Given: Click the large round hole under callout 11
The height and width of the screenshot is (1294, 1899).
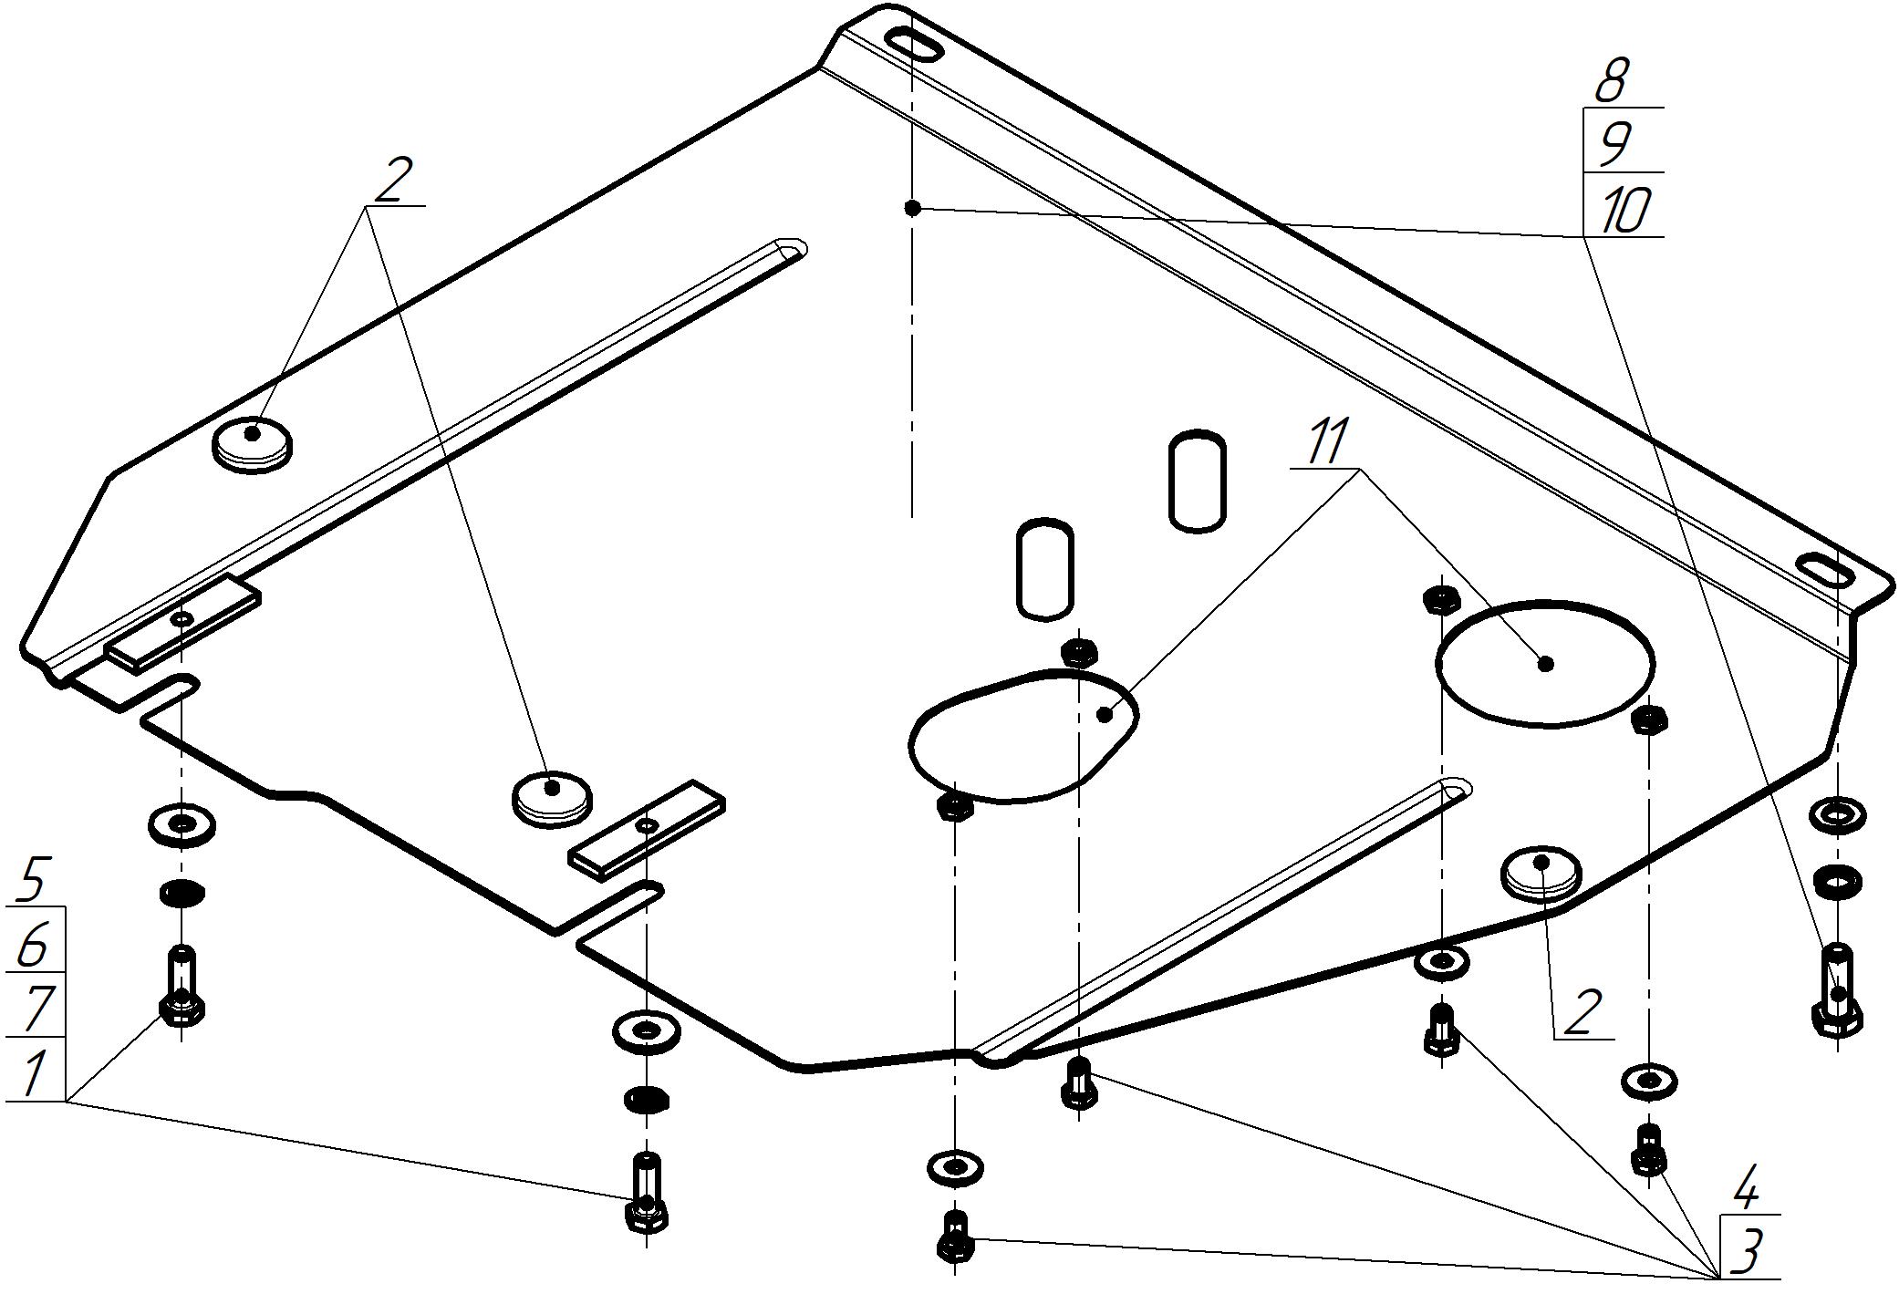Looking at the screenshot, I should [x=1544, y=663].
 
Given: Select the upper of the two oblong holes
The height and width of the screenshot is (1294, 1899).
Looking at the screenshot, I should [x=1197, y=481].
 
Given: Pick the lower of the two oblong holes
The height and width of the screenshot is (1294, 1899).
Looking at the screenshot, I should [x=1045, y=569].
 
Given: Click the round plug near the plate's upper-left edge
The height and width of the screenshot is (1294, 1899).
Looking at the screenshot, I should [x=253, y=443].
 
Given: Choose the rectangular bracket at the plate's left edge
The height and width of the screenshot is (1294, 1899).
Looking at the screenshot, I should [x=183, y=625].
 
